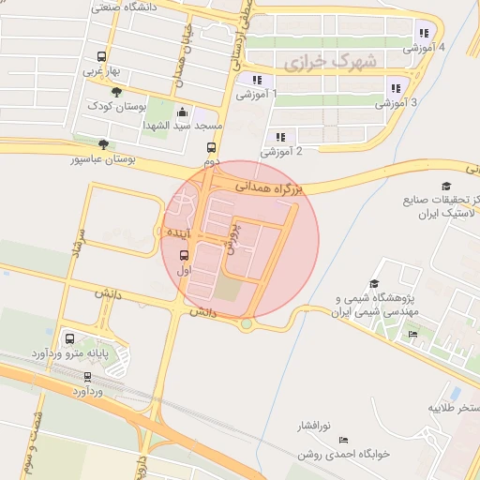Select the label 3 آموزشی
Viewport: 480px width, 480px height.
397,103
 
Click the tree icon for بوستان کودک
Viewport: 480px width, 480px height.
116,92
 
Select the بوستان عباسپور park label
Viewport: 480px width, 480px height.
103,159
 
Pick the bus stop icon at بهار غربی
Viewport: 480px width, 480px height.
101,56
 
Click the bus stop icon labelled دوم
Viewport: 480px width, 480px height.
211,147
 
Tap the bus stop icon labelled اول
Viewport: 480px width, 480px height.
183,254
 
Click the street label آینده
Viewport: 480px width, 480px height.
178,231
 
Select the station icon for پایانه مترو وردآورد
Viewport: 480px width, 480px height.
69,338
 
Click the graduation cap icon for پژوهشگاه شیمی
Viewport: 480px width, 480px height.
374,283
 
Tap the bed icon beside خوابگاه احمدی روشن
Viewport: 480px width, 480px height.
343,440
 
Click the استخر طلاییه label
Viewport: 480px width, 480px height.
454,408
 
